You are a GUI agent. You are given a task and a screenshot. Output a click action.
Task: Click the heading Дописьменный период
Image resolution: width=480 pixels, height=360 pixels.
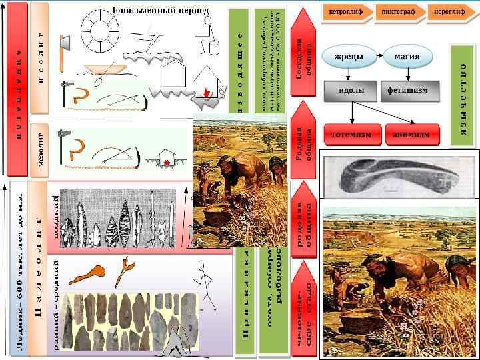[159, 11]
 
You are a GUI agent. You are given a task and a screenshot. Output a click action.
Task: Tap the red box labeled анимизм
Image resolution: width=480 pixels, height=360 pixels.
[415, 133]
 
